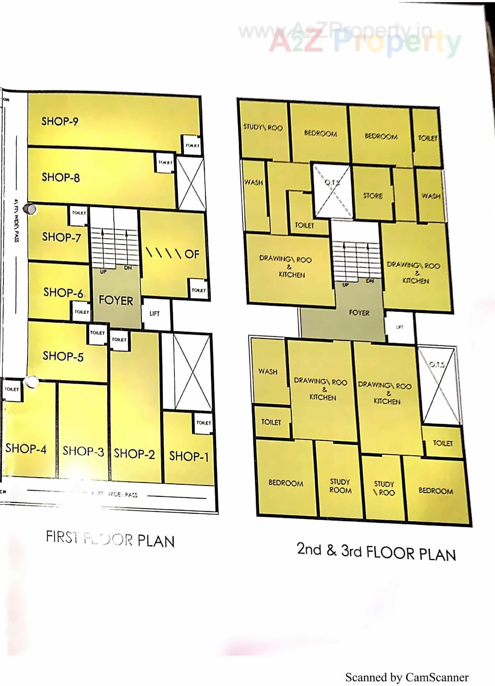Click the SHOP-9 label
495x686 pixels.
[x=60, y=121]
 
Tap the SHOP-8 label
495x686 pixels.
[x=61, y=177]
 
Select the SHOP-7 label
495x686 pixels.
[x=61, y=237]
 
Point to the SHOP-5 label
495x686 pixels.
[x=63, y=356]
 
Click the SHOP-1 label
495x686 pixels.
[x=189, y=456]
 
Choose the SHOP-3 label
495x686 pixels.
[x=83, y=451]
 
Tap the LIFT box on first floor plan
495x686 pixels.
[x=155, y=314]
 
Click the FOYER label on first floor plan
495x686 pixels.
[x=116, y=300]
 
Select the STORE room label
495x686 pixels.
[x=373, y=196]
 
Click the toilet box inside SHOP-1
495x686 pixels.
[x=203, y=423]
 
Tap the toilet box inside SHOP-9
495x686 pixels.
[x=192, y=145]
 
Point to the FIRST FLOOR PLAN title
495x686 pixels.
[x=110, y=539]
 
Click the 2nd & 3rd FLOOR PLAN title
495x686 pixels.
[x=376, y=552]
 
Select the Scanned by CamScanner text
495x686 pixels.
[x=407, y=677]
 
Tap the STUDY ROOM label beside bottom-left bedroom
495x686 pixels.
[x=340, y=486]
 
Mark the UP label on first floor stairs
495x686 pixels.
[x=103, y=272]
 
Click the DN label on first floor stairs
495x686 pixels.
[x=128, y=268]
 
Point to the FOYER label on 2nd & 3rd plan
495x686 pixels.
[x=359, y=312]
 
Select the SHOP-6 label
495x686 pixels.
[x=63, y=292]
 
